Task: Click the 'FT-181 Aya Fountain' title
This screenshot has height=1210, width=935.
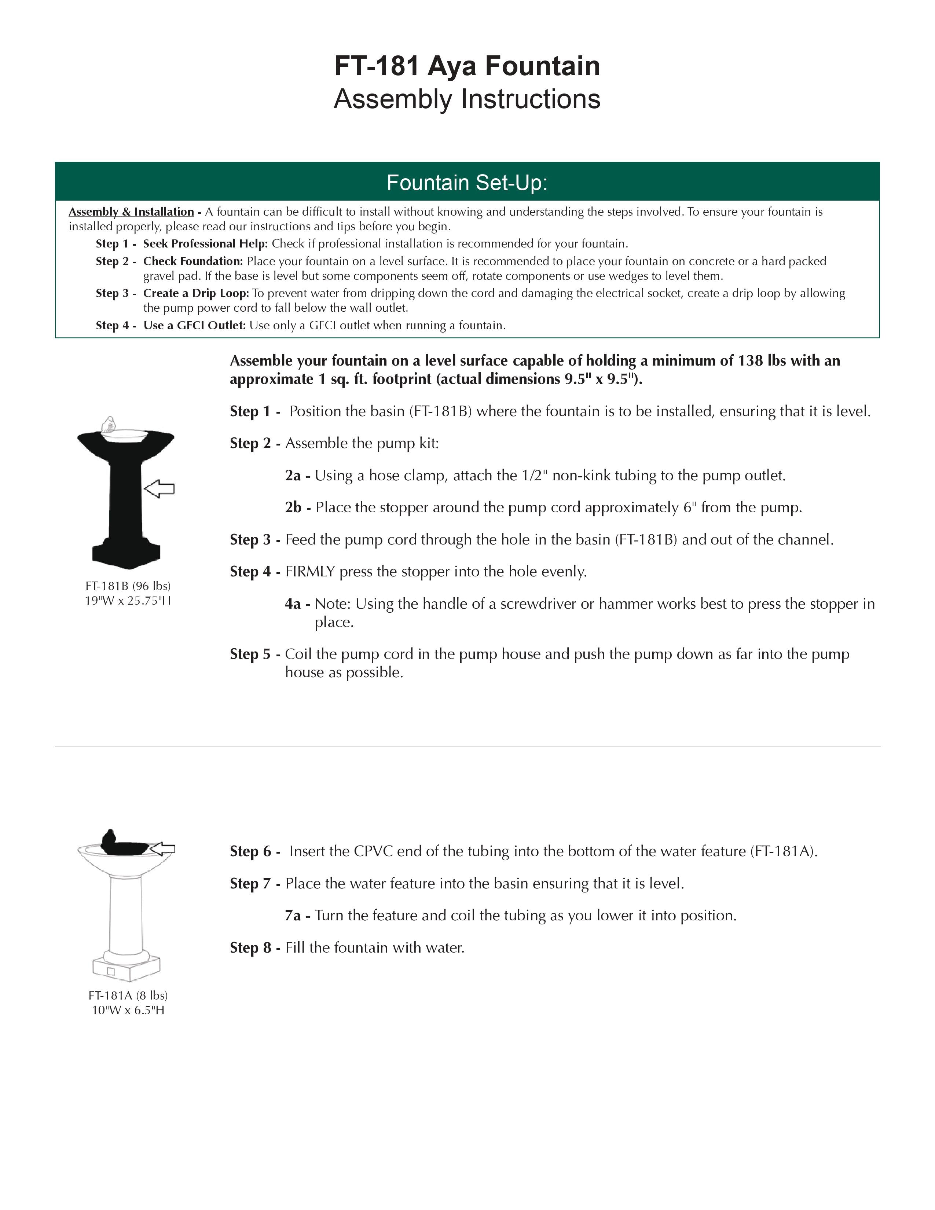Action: pos(467,66)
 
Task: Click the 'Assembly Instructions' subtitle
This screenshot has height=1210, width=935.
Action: pos(467,99)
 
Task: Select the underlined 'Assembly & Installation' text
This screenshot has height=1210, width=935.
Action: pos(131,212)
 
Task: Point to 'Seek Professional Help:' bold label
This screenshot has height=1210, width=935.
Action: pos(205,244)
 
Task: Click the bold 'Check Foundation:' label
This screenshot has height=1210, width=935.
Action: pos(193,261)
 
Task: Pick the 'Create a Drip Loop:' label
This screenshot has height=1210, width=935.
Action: pos(197,293)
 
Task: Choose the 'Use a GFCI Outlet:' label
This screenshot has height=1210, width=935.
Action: pos(194,325)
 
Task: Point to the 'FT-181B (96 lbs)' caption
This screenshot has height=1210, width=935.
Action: pos(128,586)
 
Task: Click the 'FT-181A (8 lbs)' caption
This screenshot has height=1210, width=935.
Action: pos(128,995)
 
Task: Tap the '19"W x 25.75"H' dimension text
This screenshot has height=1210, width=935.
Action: pos(128,601)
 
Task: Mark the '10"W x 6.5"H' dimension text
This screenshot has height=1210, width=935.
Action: pos(128,1010)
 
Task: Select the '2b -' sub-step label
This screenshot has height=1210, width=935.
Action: pos(298,507)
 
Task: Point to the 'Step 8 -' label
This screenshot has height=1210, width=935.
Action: pos(255,947)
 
